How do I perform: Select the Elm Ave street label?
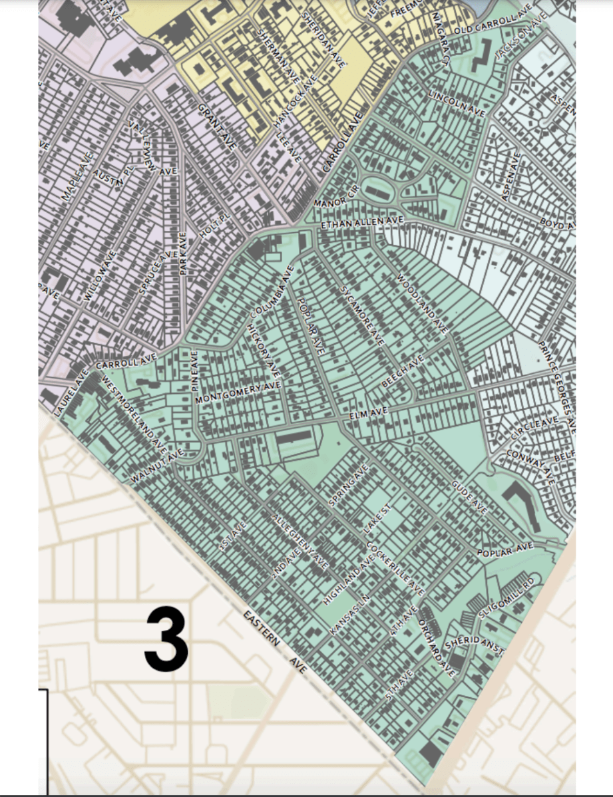[369, 414]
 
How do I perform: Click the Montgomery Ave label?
[238, 393]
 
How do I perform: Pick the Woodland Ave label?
[423, 303]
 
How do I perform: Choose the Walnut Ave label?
[156, 466]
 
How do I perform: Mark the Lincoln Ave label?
[457, 100]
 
